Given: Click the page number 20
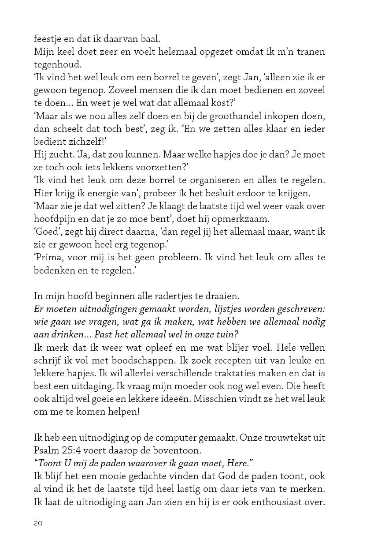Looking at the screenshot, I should point(38,524).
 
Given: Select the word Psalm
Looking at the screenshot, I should point(46,450).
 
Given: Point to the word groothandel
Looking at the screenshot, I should point(233,116).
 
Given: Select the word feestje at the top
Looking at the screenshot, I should point(47,39).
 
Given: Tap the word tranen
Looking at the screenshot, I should point(311,52).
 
